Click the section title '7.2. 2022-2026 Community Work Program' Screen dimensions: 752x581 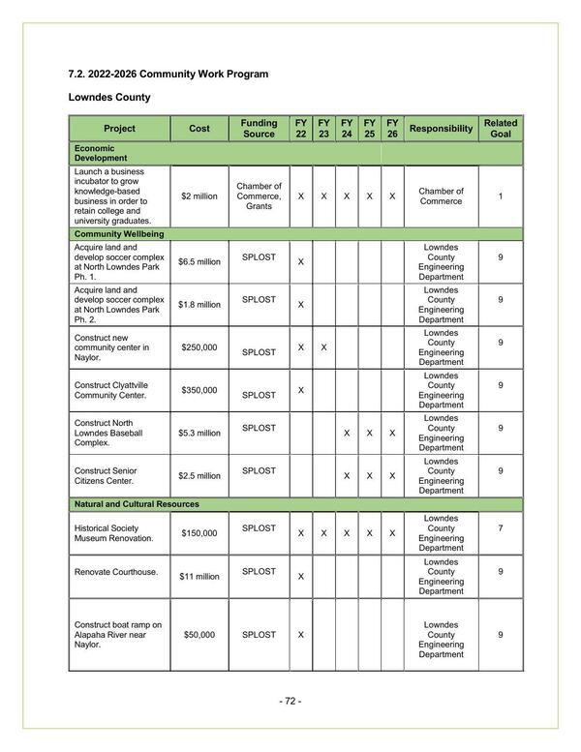[168, 75]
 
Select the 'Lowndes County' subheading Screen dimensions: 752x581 [108, 98]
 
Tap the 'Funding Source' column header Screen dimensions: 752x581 [259, 129]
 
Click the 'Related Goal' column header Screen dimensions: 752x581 [501, 129]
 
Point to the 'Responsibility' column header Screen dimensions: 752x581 [442, 129]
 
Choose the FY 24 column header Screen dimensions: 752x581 [347, 129]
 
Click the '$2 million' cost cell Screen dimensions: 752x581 [199, 196]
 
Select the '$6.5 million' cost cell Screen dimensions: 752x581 [199, 262]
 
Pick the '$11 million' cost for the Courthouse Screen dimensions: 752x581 [199, 577]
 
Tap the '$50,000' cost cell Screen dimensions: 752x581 [199, 635]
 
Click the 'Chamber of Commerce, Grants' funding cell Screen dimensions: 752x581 [259, 196]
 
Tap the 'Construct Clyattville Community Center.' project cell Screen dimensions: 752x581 [117, 390]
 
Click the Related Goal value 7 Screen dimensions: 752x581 [501, 528]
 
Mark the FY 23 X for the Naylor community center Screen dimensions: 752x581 [323, 347]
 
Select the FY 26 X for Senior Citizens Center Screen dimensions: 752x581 [392, 476]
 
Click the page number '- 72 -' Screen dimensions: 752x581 [290, 702]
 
